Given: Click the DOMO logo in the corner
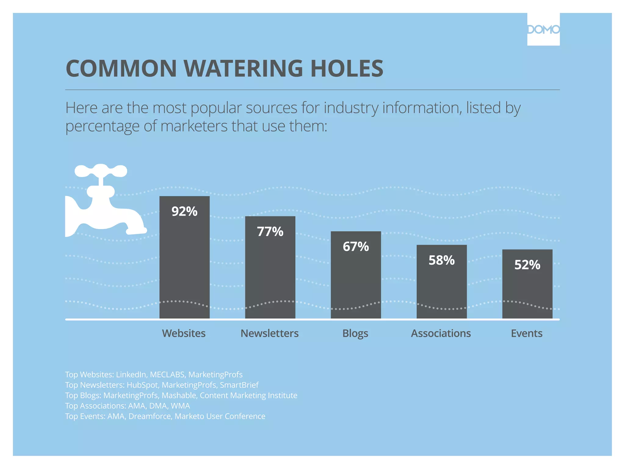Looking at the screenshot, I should [543, 29].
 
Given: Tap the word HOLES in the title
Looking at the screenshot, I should [347, 68].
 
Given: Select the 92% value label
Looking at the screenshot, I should [184, 211].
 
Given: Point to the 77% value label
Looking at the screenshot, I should [270, 231].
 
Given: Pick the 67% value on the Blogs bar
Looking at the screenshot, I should [356, 246].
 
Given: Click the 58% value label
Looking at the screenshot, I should [442, 260].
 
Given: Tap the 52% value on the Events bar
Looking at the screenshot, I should [527, 265].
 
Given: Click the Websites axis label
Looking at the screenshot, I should [184, 333].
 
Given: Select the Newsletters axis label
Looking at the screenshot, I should [269, 333].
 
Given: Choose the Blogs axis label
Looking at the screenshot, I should [355, 333].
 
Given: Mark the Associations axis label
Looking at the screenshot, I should [441, 333].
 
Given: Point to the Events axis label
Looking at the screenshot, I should [527, 333].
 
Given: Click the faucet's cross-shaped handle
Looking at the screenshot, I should [101, 171].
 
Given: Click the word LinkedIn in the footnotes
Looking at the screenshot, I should [131, 375].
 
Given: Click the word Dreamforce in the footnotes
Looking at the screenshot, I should [150, 416].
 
